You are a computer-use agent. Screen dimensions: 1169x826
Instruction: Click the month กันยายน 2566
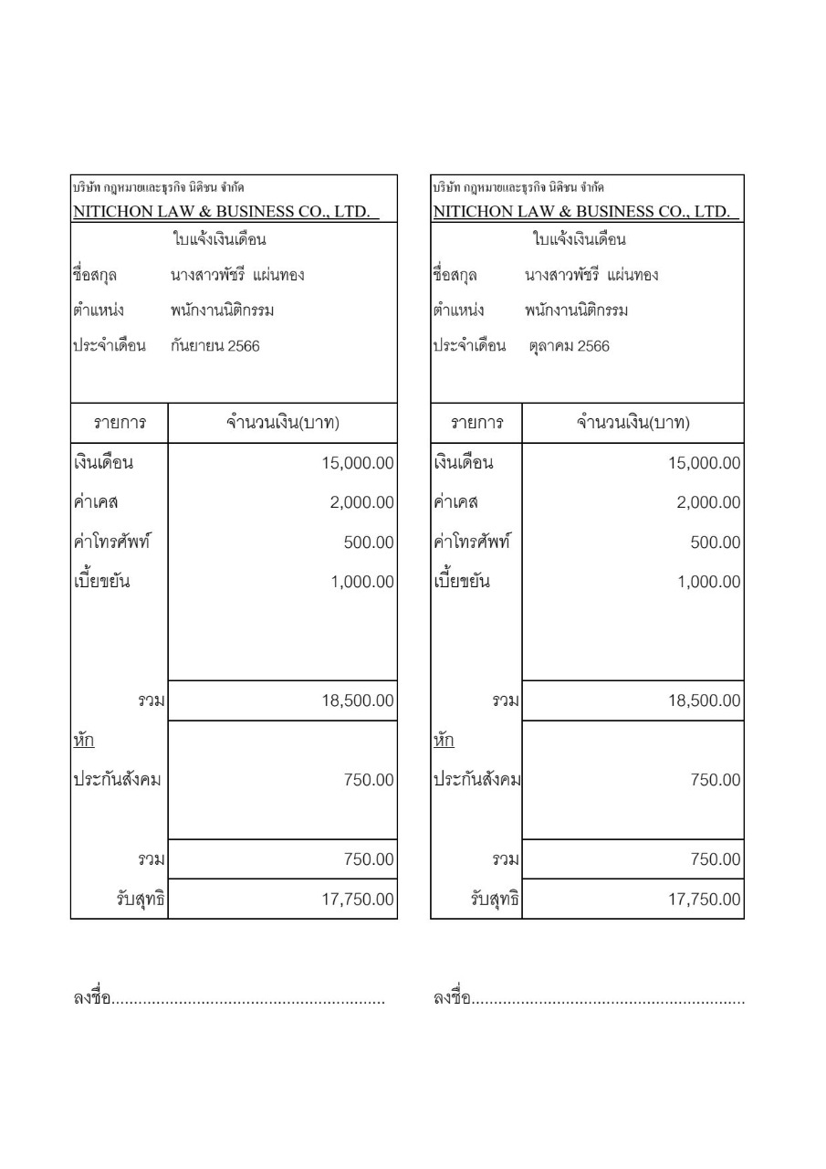point(214,346)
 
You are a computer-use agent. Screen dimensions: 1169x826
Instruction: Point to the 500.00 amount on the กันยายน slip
point(368,542)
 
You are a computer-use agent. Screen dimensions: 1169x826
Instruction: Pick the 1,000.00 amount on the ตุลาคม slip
point(705,582)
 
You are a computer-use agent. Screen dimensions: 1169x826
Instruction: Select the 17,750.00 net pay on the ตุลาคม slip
point(705,900)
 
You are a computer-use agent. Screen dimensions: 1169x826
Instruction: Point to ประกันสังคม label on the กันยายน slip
point(116,781)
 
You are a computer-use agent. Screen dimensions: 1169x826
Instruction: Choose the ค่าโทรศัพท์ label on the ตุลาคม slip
point(471,542)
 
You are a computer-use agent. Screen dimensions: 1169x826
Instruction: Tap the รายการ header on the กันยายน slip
point(120,424)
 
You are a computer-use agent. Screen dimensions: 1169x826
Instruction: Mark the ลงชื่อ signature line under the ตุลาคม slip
point(588,1000)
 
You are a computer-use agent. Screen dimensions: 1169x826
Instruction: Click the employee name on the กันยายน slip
point(237,275)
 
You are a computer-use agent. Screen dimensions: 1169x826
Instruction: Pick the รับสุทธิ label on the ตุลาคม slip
point(494,900)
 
